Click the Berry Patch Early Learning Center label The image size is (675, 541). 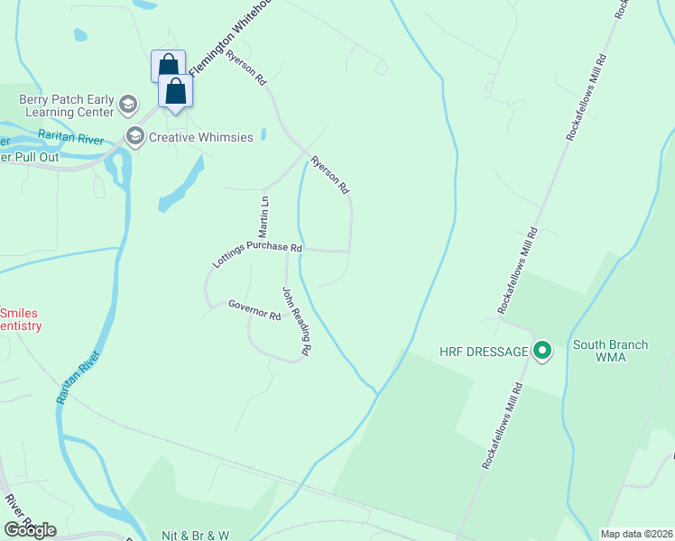[x=58, y=105]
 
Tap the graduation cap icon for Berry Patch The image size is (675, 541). [x=127, y=105]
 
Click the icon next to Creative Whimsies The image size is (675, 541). [x=135, y=137]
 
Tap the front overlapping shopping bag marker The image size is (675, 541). [x=175, y=91]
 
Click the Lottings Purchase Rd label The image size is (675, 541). [x=257, y=253]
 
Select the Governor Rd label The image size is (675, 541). [x=254, y=309]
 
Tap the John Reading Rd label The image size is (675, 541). [x=297, y=320]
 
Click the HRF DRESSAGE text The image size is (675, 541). [x=483, y=351]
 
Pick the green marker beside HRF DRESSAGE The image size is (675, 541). [x=542, y=351]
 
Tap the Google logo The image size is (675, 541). [x=31, y=529]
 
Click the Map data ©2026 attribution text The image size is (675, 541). [x=636, y=534]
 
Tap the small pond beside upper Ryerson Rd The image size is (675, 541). [x=263, y=135]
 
